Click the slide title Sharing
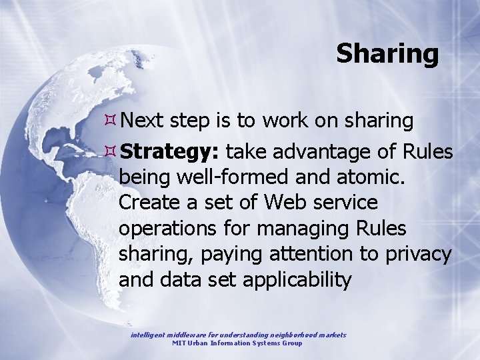387,53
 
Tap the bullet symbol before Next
111,121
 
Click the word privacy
419,254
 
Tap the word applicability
297,279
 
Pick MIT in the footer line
179,343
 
